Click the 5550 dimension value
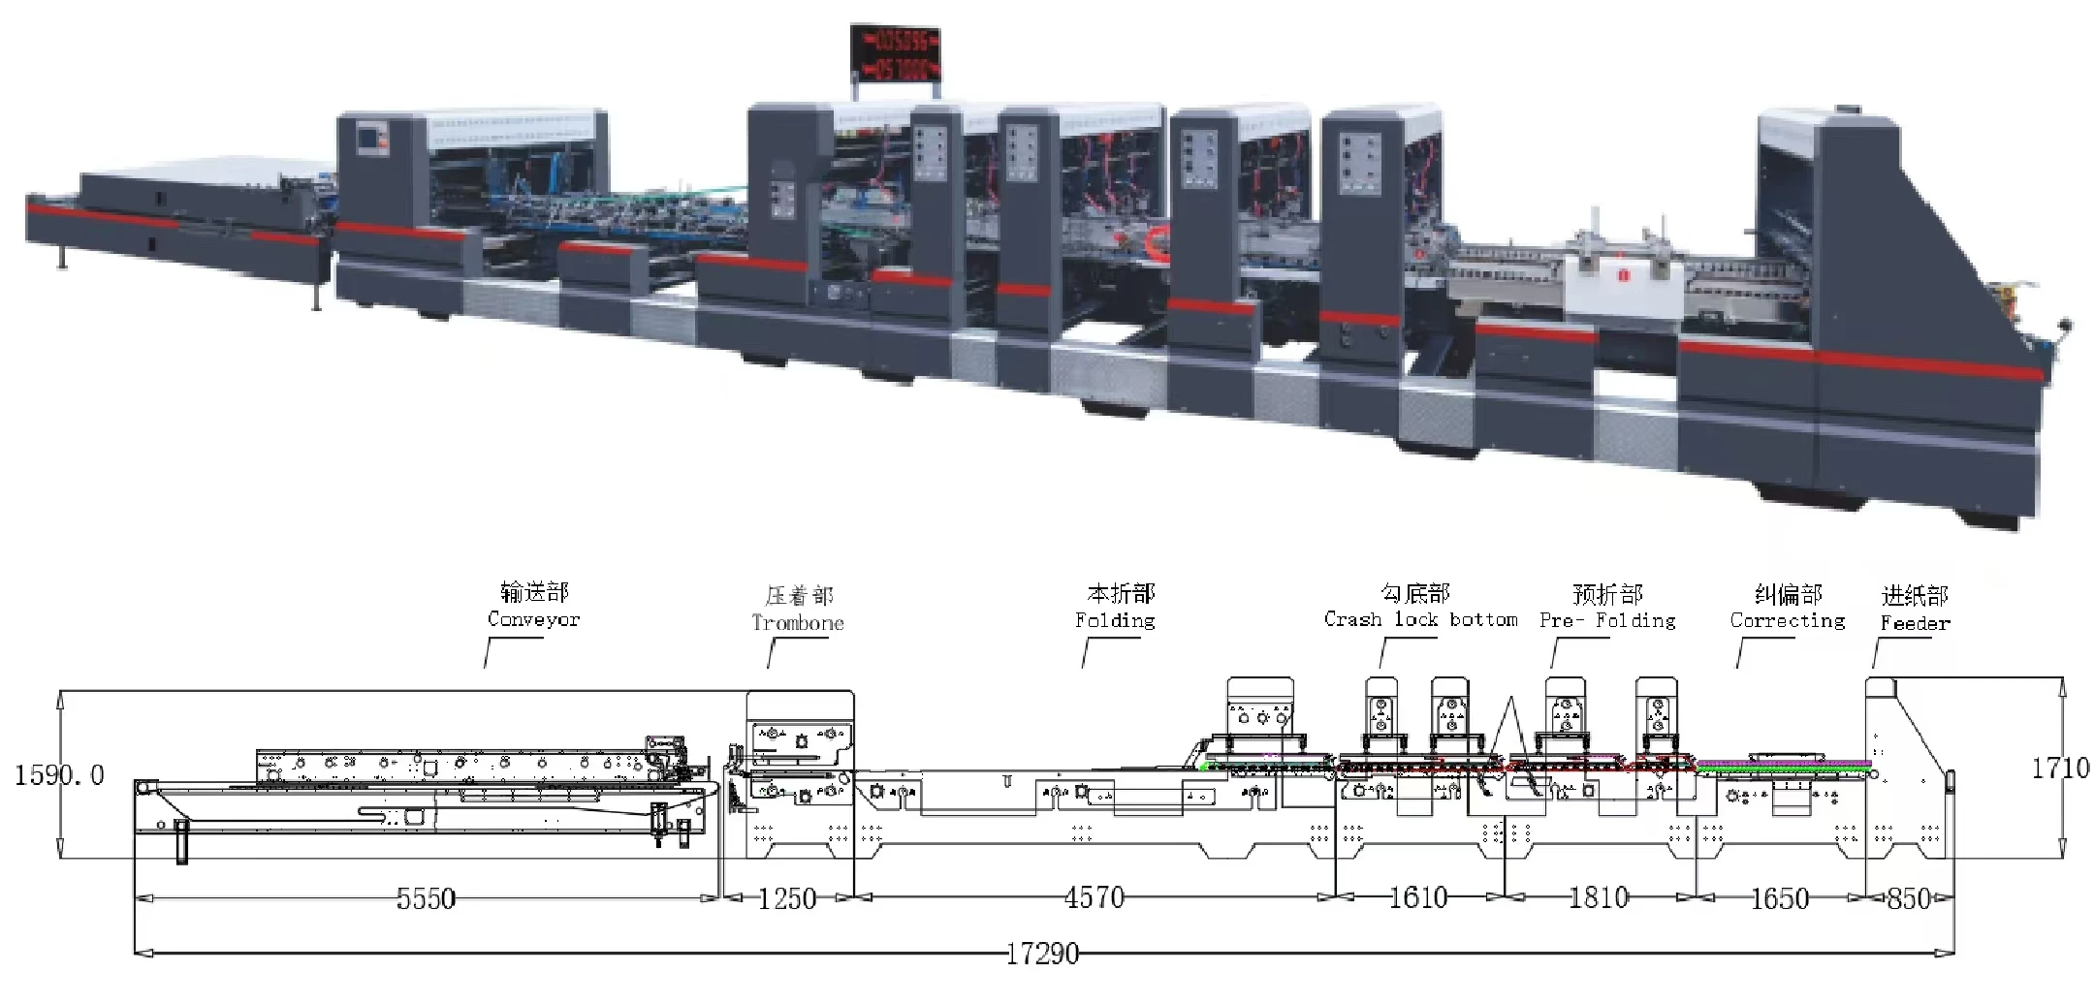coord(426,898)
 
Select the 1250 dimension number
coord(786,898)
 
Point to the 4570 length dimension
coord(1095,898)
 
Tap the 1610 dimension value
coord(1417,898)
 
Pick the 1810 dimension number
coord(1599,898)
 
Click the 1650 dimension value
coord(1779,898)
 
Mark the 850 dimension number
coord(1908,898)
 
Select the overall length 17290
coord(1042,955)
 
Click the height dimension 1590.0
coord(59,775)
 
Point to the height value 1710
coord(2060,769)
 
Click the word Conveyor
coord(533,619)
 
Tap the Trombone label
coord(798,623)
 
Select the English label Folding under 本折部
coord(1115,620)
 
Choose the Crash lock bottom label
coord(1420,619)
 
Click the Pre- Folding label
coord(1607,620)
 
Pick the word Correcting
coord(1788,620)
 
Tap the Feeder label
coord(1915,623)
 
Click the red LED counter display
coord(896,53)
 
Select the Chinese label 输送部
coord(534,592)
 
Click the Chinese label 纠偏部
coord(1789,594)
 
